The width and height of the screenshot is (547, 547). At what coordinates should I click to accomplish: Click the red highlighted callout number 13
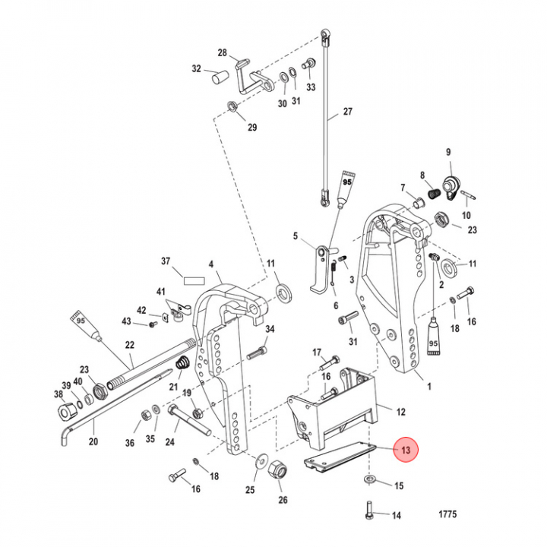pyautogui.click(x=406, y=450)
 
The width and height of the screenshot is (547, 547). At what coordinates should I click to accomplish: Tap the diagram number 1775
pyautogui.click(x=447, y=514)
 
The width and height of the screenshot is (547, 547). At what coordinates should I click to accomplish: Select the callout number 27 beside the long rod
pyautogui.click(x=348, y=111)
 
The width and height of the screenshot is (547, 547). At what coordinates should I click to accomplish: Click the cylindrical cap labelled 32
pyautogui.click(x=220, y=77)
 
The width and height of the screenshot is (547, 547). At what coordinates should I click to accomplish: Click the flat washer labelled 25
pyautogui.click(x=261, y=460)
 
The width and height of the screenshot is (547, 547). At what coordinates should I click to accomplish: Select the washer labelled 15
pyautogui.click(x=370, y=479)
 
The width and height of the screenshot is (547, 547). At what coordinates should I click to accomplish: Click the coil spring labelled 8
pyautogui.click(x=435, y=193)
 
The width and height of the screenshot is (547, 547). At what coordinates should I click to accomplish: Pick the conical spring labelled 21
pyautogui.click(x=182, y=363)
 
